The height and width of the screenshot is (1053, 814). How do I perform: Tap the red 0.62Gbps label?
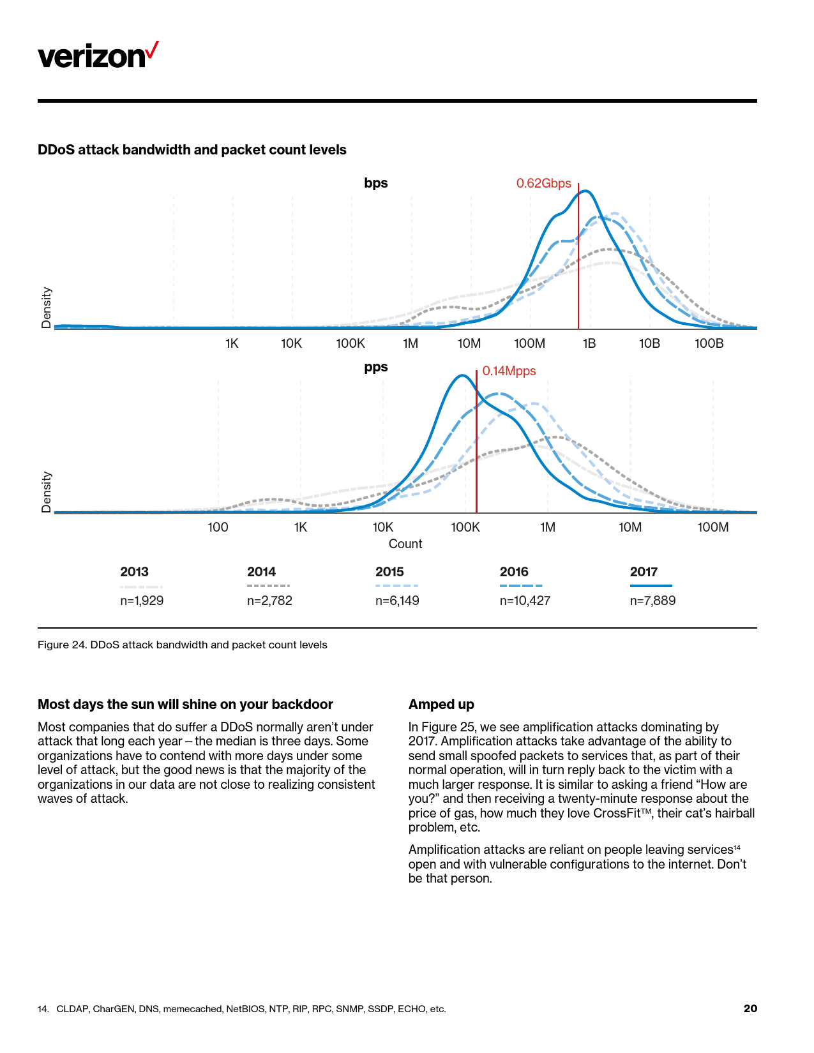pyautogui.click(x=543, y=184)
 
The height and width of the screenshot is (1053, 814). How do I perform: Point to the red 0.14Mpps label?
pyautogui.click(x=509, y=371)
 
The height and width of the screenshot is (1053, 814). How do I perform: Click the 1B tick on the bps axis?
pyautogui.click(x=589, y=344)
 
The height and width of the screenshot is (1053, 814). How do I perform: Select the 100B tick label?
pyautogui.click(x=709, y=344)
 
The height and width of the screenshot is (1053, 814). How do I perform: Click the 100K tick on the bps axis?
pyautogui.click(x=350, y=344)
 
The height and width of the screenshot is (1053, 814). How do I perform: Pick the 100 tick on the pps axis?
pyautogui.click(x=218, y=528)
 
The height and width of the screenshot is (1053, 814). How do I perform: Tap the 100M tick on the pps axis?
pyautogui.click(x=712, y=528)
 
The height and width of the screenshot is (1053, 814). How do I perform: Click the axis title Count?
pyautogui.click(x=405, y=544)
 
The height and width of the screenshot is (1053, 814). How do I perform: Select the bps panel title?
pyautogui.click(x=376, y=183)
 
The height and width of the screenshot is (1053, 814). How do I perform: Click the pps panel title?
pyautogui.click(x=376, y=368)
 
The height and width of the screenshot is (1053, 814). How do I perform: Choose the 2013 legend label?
pyautogui.click(x=134, y=572)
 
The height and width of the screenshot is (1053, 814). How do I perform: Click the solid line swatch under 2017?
pyautogui.click(x=651, y=586)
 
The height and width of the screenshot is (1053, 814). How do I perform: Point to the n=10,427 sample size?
pyautogui.click(x=525, y=601)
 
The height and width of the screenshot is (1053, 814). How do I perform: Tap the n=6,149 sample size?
pyautogui.click(x=397, y=601)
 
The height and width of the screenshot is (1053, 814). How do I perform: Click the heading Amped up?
pyautogui.click(x=441, y=705)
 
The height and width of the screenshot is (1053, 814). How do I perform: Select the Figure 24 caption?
pyautogui.click(x=183, y=645)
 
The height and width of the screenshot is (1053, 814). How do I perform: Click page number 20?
pyautogui.click(x=750, y=1008)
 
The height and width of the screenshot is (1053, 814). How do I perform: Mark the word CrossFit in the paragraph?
pyautogui.click(x=617, y=813)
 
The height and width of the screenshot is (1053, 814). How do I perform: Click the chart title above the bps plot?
pyautogui.click(x=192, y=150)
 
